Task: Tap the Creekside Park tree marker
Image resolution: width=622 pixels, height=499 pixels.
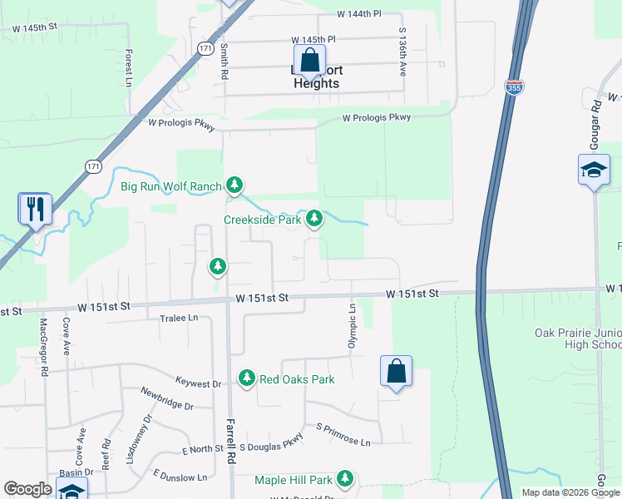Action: [314, 220]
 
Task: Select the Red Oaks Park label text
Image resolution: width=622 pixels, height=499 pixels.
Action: [297, 379]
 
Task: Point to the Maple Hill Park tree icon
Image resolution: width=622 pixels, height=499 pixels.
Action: [345, 479]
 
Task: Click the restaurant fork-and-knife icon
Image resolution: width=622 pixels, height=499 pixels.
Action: [35, 209]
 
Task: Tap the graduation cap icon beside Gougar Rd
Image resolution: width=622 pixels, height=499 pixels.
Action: [594, 170]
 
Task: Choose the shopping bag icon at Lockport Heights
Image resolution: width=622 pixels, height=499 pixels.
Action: [309, 61]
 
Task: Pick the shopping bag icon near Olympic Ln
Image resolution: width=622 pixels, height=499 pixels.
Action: [396, 371]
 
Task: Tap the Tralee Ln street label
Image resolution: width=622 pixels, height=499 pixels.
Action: [179, 319]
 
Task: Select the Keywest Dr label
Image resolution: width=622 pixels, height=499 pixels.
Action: [199, 383]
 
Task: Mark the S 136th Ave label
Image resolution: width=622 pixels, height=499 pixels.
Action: [402, 56]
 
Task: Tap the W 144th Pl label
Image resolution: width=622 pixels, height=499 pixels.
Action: [359, 14]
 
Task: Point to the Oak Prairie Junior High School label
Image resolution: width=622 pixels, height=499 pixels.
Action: [577, 339]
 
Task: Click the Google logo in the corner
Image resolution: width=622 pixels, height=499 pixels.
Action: [27, 489]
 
